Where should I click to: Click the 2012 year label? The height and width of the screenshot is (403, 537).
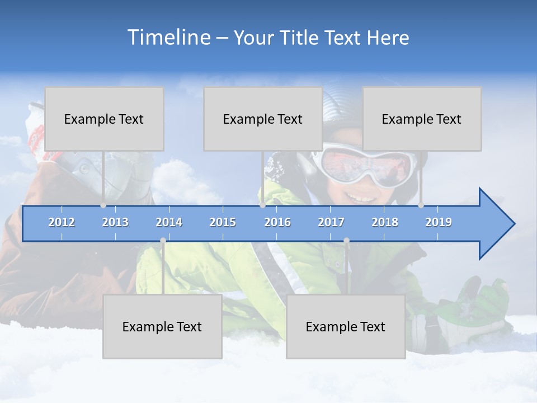click(x=62, y=222)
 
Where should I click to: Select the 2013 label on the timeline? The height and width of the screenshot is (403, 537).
click(x=115, y=222)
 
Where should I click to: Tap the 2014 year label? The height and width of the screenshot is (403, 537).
click(x=169, y=222)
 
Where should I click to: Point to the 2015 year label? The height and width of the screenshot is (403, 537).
click(x=223, y=222)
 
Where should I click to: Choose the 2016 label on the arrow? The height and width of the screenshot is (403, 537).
click(x=277, y=222)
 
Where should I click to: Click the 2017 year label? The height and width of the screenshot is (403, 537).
click(x=331, y=222)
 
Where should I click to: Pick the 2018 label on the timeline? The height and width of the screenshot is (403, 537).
click(x=385, y=222)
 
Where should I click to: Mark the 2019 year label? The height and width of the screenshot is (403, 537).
click(x=439, y=222)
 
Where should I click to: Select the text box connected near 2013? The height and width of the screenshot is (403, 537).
click(x=104, y=119)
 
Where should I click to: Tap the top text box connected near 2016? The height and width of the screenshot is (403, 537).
click(x=263, y=119)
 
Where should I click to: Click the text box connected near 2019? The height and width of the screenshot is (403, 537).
click(x=422, y=119)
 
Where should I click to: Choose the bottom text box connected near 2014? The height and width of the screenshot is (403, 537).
click(x=162, y=326)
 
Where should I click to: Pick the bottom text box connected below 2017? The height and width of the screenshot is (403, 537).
click(x=346, y=326)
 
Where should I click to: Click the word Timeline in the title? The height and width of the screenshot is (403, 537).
click(x=168, y=38)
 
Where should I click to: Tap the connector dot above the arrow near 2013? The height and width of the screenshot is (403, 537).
click(x=103, y=205)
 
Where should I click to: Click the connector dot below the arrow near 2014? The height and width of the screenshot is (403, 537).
click(x=163, y=241)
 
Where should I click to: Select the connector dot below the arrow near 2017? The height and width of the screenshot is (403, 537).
click(x=346, y=241)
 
